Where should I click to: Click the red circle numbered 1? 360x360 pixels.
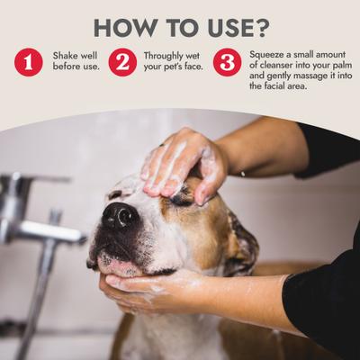[28, 62]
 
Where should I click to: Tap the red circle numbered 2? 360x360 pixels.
[122, 62]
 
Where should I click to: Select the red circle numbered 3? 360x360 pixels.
[227, 62]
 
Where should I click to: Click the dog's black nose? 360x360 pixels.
[119, 216]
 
